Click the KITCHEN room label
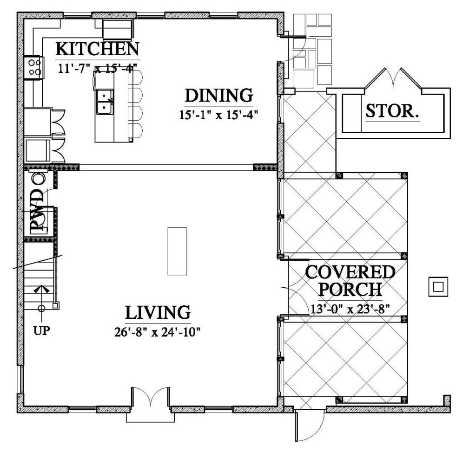pos(97,49)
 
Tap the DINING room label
pos(219,96)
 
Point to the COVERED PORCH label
pos(350,280)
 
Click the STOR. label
pos(392,111)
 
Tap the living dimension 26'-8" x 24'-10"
pos(158,332)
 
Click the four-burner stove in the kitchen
pos(33,66)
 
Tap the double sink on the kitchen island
pos(105,101)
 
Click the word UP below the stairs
pos(41,331)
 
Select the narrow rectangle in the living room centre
pos(177,251)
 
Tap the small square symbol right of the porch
pos(438,287)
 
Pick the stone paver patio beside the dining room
pos(312,51)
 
